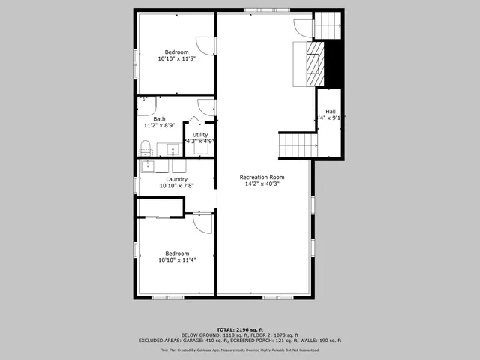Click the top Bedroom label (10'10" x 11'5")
click(176, 55)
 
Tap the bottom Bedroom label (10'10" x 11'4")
click(176, 257)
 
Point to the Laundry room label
click(176, 182)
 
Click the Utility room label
click(200, 138)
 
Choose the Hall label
click(330, 114)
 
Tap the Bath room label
click(159, 122)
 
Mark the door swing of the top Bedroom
click(205, 45)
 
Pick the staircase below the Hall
click(294, 145)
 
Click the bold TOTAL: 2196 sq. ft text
click(239, 329)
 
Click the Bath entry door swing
click(205, 106)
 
